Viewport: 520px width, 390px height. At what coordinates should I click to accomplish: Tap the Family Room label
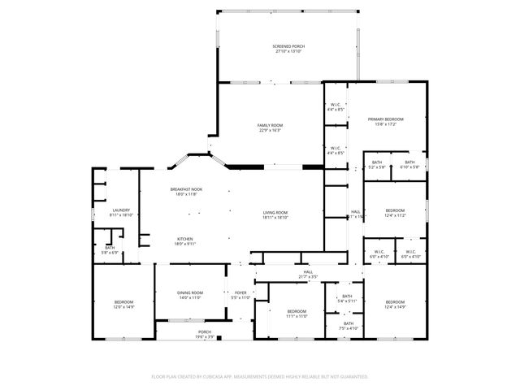[271, 124]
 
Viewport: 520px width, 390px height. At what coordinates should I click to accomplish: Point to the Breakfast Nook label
[186, 189]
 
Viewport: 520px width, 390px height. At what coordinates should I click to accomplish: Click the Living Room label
[275, 212]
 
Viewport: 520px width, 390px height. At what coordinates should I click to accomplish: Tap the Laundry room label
[121, 210]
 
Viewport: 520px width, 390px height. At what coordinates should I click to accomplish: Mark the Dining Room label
[191, 292]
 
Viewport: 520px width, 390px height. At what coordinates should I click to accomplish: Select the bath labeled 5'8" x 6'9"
[110, 249]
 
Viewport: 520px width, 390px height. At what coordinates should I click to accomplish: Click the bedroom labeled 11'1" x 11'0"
[297, 312]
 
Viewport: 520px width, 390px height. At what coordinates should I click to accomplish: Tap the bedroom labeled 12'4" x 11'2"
[394, 210]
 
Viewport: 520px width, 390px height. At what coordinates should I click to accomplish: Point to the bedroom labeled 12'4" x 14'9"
[394, 303]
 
